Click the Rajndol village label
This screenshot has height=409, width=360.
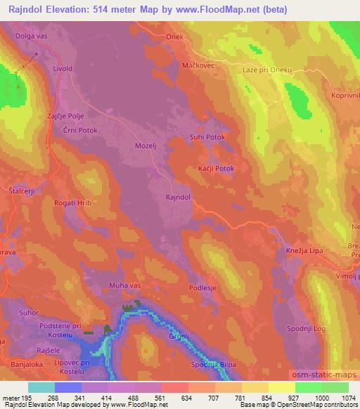click(x=178, y=198)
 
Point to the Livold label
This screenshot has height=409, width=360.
click(x=63, y=69)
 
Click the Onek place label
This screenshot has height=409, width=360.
click(x=174, y=37)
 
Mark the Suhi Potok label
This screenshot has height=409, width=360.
click(x=207, y=138)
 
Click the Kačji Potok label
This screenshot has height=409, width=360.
click(x=215, y=169)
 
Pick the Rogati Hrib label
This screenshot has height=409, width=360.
click(x=72, y=202)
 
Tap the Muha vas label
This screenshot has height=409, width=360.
click(x=125, y=285)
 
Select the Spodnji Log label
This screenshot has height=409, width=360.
click(x=308, y=329)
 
